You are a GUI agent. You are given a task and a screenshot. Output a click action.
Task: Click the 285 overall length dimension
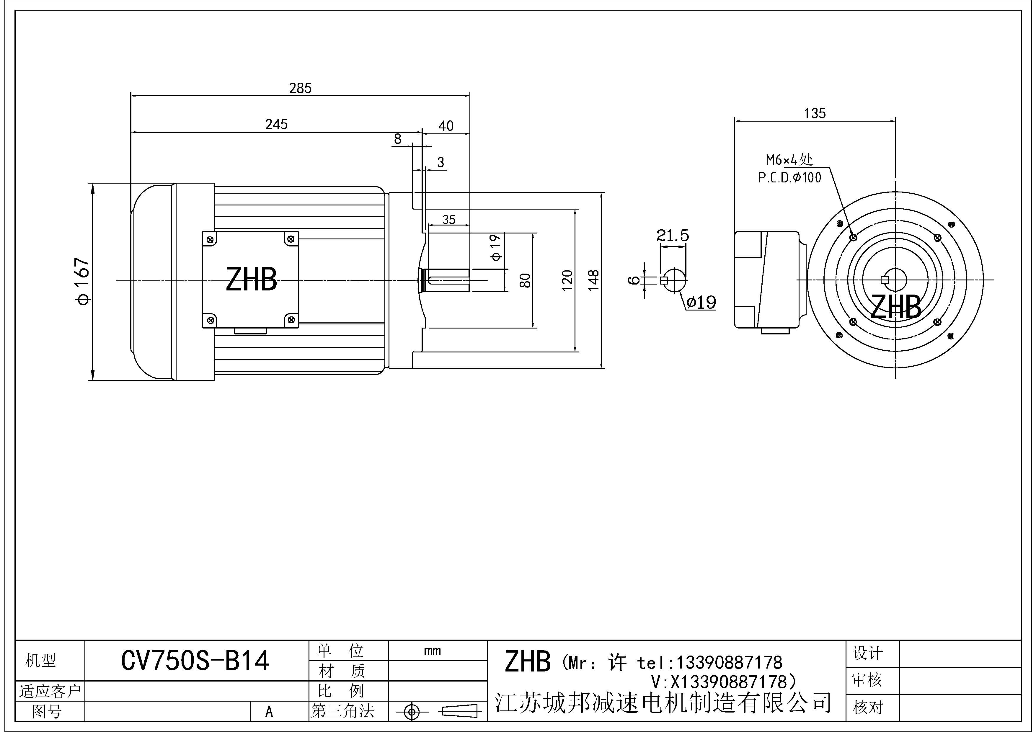click(300, 88)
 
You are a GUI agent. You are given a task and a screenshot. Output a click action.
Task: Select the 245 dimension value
click(276, 125)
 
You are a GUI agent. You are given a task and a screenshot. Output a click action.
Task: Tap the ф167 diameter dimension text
click(84, 281)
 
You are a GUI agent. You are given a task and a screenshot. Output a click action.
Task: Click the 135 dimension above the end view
click(815, 113)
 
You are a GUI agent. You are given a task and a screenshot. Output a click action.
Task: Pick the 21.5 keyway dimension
click(672, 236)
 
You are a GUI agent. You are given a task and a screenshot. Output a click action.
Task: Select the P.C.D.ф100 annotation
click(790, 178)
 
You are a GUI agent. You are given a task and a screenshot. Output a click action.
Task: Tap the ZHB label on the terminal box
click(251, 280)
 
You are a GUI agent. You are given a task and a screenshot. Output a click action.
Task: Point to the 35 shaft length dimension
click(448, 220)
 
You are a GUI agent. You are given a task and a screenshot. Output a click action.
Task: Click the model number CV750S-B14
click(195, 661)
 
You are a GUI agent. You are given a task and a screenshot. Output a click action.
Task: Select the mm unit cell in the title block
click(432, 651)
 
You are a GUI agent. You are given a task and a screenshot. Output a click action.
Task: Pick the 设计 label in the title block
click(868, 653)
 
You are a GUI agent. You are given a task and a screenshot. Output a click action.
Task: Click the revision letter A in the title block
click(269, 712)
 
